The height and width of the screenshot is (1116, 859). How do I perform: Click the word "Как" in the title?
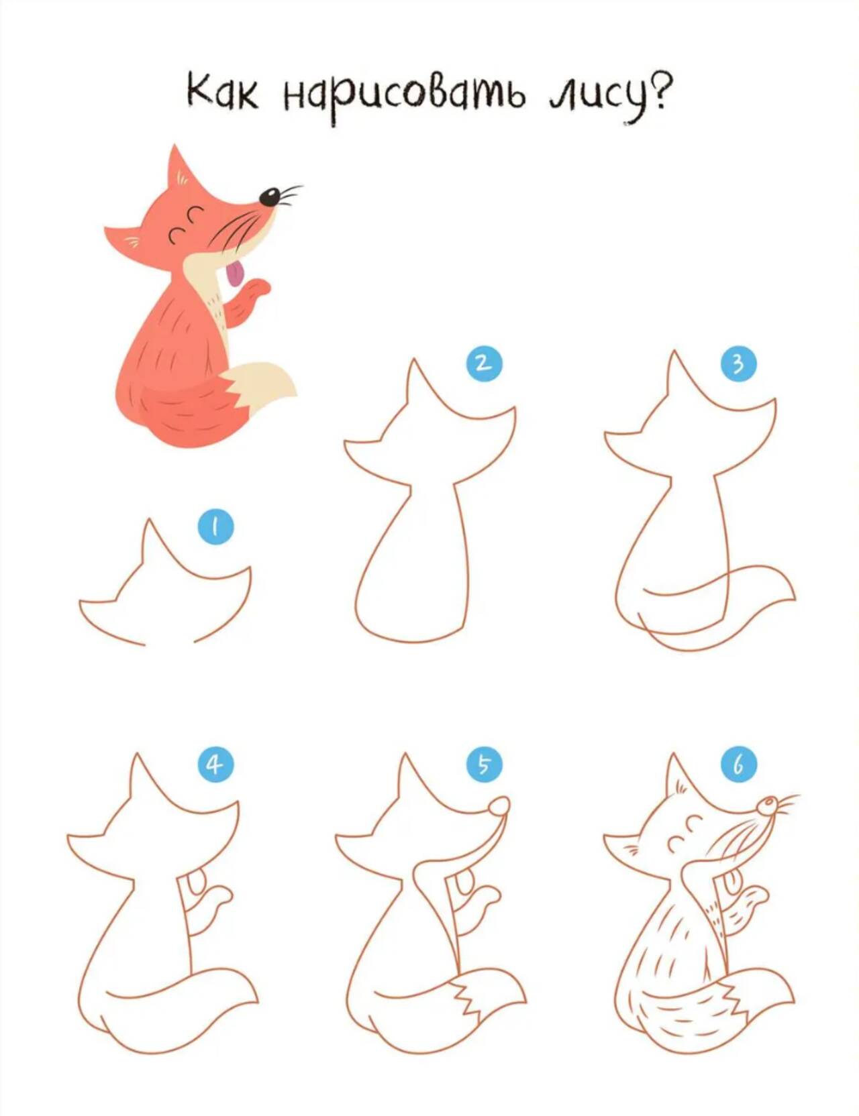tap(221, 92)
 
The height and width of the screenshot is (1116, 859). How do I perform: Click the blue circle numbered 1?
tap(215, 526)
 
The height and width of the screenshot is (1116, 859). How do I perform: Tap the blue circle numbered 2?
tap(484, 364)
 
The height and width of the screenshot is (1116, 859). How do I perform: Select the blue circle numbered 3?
tap(738, 364)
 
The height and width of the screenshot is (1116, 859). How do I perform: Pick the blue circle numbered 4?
tap(215, 764)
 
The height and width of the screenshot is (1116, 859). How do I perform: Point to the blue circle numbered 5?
tap(484, 764)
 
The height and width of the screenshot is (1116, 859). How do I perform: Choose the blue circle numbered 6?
tap(738, 764)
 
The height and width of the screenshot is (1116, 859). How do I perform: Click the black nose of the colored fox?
tap(270, 197)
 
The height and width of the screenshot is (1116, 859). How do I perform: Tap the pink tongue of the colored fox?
tap(235, 274)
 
